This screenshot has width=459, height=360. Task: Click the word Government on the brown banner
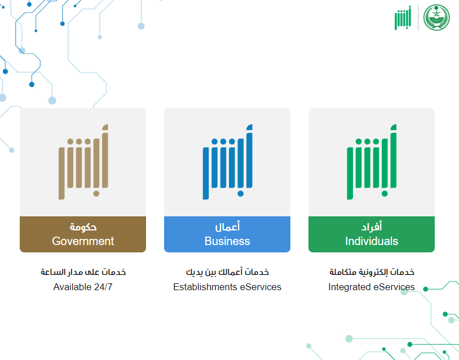point(83,241)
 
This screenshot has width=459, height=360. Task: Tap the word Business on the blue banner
point(227,241)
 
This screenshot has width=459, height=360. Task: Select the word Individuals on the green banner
point(372,241)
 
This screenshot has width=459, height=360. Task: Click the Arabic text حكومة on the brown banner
point(83,227)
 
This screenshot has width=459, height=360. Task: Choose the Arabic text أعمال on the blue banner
point(227,226)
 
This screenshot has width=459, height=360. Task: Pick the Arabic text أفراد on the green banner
point(372,226)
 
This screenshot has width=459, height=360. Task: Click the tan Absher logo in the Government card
point(83,162)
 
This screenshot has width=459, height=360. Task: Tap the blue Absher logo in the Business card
point(228,162)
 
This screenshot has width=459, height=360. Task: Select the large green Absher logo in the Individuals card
point(372,162)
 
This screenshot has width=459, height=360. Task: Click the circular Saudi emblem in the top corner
point(436,17)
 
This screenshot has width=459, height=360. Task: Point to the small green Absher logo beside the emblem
point(403,18)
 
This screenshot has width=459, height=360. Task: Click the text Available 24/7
point(83,287)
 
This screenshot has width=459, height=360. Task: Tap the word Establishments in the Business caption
point(205,287)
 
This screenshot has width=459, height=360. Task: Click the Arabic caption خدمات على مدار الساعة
point(83,272)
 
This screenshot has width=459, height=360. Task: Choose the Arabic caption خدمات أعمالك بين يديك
point(227,272)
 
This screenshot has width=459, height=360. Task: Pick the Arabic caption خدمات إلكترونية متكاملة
point(372,272)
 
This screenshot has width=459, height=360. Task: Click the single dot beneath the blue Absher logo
point(241,194)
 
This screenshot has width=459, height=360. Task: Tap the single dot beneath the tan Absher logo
point(96,194)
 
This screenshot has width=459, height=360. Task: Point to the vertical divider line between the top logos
point(418,18)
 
